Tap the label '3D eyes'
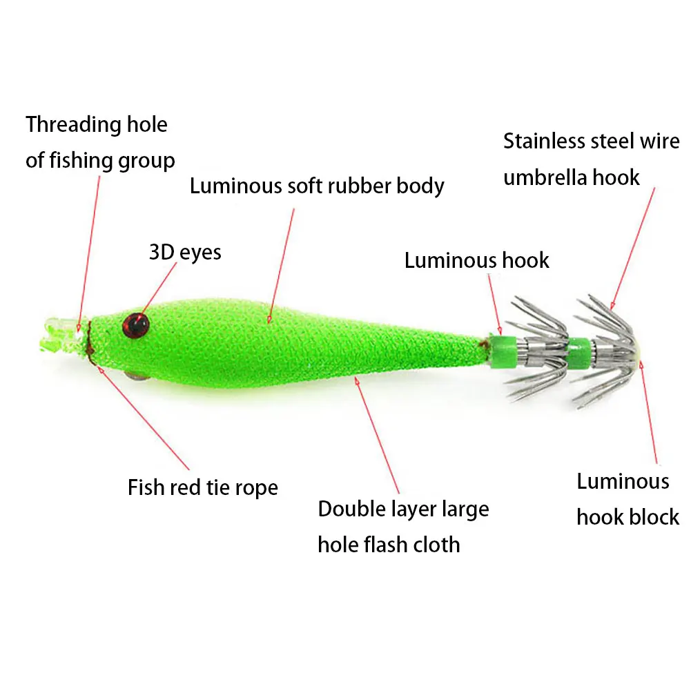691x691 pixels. [185, 252]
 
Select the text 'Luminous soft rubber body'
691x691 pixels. [317, 186]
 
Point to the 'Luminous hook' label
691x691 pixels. [476, 260]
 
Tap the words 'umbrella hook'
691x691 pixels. [572, 177]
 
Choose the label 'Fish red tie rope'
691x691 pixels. [203, 487]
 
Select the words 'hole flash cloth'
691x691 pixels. [389, 545]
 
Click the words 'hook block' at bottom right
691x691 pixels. [627, 517]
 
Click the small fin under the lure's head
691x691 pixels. [134, 376]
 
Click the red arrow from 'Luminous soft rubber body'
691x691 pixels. [284, 262]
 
